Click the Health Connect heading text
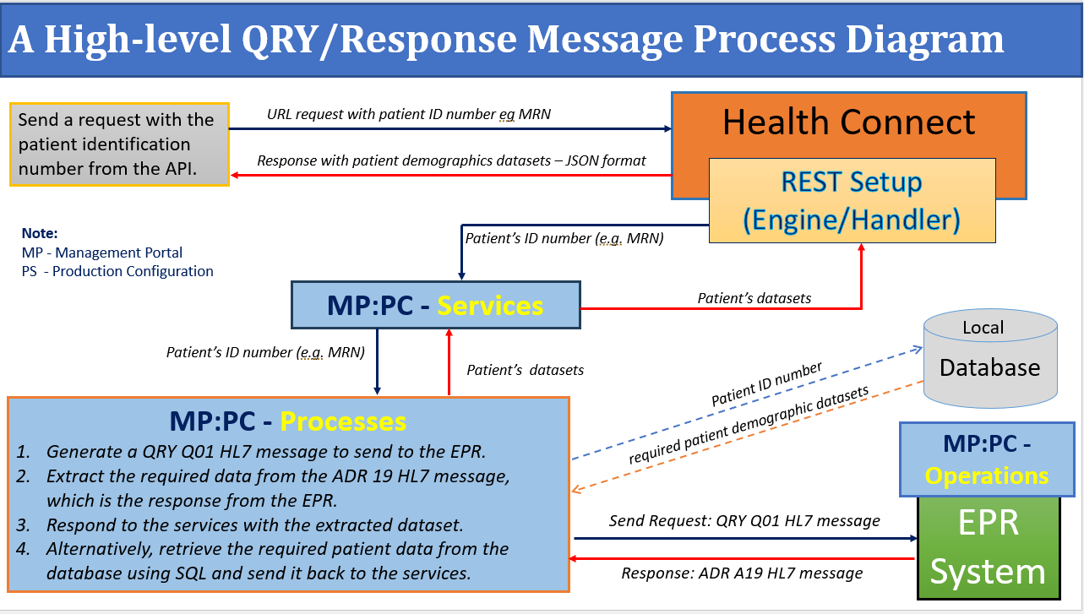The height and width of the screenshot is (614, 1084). point(848,122)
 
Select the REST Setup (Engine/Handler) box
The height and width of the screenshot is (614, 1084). point(851,201)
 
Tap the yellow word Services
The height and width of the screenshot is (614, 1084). point(490,305)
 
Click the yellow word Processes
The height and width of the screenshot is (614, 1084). point(343,421)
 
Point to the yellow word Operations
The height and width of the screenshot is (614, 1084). point(986,475)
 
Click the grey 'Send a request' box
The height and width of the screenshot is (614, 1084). point(119,144)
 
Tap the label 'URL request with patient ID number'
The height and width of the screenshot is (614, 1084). point(409,114)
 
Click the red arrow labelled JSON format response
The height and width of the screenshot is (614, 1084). point(451,175)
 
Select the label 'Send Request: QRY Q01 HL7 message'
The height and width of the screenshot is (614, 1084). point(744,520)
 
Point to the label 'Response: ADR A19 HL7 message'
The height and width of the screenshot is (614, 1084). point(742,573)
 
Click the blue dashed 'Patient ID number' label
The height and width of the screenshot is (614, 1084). point(766,385)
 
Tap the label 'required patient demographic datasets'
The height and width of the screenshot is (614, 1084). point(748,427)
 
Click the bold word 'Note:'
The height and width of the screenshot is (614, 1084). point(40,233)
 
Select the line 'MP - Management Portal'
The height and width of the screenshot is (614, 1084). point(102,253)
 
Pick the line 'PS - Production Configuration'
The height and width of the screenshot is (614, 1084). point(117,271)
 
